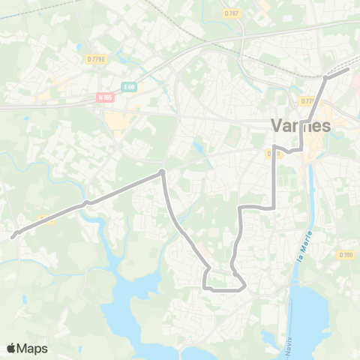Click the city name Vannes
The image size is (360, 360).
click(x=301, y=126)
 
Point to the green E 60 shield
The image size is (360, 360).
click(x=130, y=87)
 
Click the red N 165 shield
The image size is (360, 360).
click(x=105, y=97)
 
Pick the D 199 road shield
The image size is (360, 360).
click(x=345, y=254)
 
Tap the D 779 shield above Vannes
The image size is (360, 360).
click(x=307, y=100)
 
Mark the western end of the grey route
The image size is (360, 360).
click(x=13, y=236)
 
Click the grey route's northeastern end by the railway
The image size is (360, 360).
click(x=349, y=68)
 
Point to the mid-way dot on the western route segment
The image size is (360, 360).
click(x=87, y=202)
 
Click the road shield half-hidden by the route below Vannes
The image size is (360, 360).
click(x=273, y=154)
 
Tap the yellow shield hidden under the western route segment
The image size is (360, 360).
click(x=46, y=218)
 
